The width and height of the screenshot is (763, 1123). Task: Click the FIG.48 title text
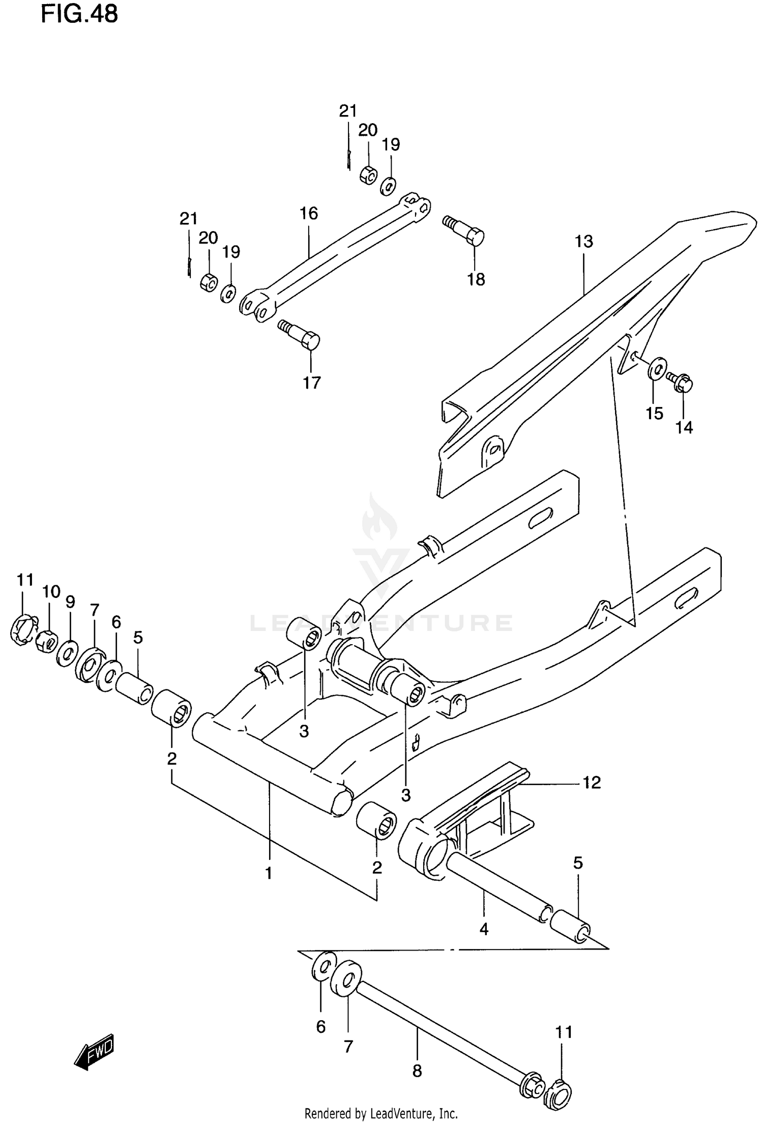tap(79, 14)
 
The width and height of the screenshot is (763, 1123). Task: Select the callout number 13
tap(584, 241)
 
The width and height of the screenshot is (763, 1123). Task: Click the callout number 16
tap(308, 213)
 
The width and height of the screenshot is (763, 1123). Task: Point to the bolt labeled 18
tap(464, 232)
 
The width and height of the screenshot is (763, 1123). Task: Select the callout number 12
tap(591, 782)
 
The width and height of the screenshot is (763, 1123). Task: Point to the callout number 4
tap(484, 929)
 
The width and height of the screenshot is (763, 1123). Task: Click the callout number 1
tap(268, 873)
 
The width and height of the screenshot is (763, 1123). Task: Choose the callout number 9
tap(70, 602)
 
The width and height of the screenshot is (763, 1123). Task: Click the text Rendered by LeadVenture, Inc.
tap(381, 1114)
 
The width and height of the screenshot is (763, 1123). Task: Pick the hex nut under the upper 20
tap(368, 174)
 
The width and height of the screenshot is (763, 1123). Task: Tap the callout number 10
tap(51, 592)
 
